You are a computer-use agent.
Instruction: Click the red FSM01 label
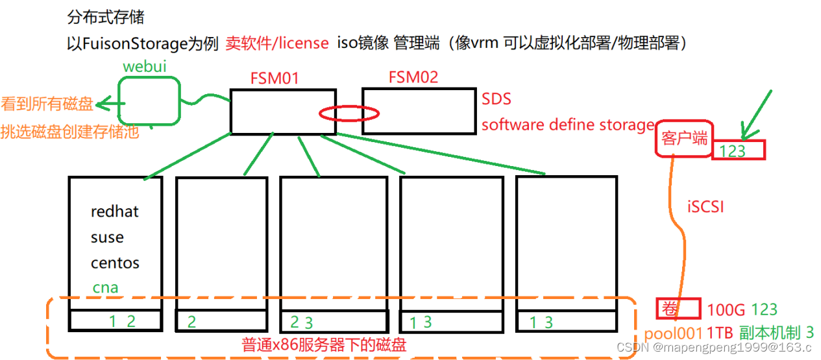tap(275, 79)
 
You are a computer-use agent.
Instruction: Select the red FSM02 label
tap(413, 77)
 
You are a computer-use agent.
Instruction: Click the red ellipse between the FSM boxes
tap(349, 114)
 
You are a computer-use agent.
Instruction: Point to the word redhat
tap(115, 211)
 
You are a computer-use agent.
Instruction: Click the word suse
tap(107, 237)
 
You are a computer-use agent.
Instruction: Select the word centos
tap(115, 263)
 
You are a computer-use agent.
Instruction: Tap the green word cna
tap(105, 287)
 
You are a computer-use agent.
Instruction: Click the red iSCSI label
tap(705, 207)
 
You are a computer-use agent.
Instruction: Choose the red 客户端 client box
tap(683, 138)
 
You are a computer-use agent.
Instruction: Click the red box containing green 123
tap(739, 150)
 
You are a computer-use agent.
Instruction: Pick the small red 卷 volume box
tap(678, 309)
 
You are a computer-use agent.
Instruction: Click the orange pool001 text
tap(674, 333)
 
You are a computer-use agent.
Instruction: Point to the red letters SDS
tap(496, 99)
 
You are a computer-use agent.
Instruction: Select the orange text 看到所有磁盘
tap(47, 104)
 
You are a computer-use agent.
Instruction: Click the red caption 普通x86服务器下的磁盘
tap(324, 344)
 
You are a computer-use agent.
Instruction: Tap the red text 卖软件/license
tap(277, 43)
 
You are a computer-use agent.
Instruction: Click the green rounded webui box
tap(149, 101)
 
